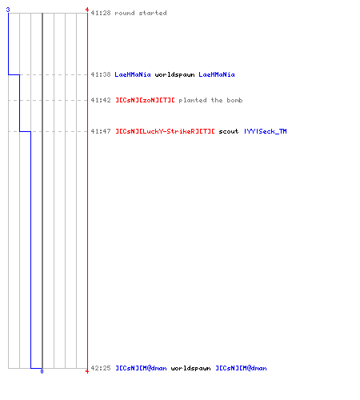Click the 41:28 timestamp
tap(101, 13)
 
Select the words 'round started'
tap(141, 13)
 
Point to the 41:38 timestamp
tap(101, 74)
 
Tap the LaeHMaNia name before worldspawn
tap(133, 74)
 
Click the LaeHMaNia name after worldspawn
tap(217, 74)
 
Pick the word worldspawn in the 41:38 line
tap(174, 75)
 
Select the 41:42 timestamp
tap(101, 100)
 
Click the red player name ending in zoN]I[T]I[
tap(145, 100)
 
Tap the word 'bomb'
tap(234, 100)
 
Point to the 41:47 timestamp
tap(101, 131)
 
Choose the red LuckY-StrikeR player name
tap(165, 131)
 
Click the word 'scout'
tap(229, 131)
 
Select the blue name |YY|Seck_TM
tap(266, 131)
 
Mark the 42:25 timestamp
tap(101, 368)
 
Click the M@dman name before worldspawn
tap(141, 368)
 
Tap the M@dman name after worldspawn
tap(241, 368)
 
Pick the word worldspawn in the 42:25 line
tap(190, 369)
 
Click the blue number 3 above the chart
tap(8, 10)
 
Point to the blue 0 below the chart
tap(42, 371)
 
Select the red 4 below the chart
tap(87, 371)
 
